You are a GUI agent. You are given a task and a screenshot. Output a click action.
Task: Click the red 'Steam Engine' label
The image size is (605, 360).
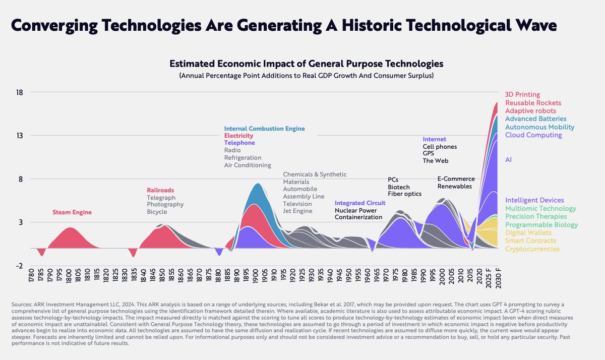pyautogui.click(x=72, y=212)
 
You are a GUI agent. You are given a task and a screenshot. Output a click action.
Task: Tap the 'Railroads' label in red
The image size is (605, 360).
pyautogui.click(x=160, y=190)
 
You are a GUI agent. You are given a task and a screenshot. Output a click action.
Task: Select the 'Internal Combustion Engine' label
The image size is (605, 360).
pyautogui.click(x=264, y=129)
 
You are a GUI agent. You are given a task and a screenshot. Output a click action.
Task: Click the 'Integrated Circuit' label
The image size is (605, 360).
pyautogui.click(x=360, y=203)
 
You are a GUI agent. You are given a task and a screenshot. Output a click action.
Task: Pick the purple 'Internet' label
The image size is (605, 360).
pyautogui.click(x=434, y=139)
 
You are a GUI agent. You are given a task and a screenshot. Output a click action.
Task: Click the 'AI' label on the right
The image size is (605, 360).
pyautogui.click(x=509, y=159)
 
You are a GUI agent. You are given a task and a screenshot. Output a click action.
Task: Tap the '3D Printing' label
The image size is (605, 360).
pyautogui.click(x=522, y=94)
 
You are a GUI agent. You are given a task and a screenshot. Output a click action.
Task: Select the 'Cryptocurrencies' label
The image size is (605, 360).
pyautogui.click(x=532, y=249)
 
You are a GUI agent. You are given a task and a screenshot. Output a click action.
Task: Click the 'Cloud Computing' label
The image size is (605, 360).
pyautogui.click(x=533, y=135)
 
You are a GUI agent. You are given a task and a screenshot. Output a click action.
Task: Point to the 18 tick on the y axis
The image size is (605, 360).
pyautogui.click(x=20, y=92)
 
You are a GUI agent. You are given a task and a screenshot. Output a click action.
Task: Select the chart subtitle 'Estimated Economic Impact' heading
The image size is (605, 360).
pyautogui.click(x=306, y=64)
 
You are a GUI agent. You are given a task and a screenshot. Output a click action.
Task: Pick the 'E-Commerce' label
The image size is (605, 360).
pyautogui.click(x=456, y=178)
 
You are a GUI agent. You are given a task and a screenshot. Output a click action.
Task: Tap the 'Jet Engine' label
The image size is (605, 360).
pyautogui.click(x=297, y=211)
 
